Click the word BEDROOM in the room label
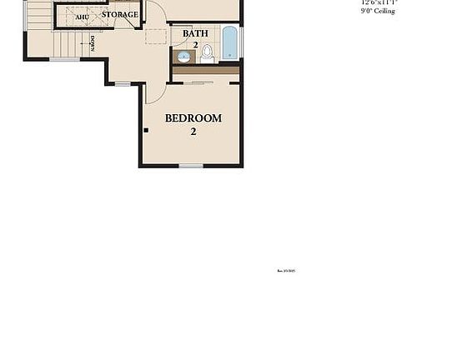coord(193,118)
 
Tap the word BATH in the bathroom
coord(195,34)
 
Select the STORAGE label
coord(120,15)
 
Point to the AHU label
coord(82,17)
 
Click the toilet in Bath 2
coord(207,53)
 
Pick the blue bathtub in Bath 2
coord(230,42)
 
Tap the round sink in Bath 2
coord(183,57)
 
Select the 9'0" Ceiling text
coord(378,11)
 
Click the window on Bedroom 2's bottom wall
coord(191,166)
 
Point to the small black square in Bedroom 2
coord(146,130)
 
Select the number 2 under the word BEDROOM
coord(193,131)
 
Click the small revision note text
coord(286,270)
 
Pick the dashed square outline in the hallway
coord(156,36)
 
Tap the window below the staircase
coord(64,59)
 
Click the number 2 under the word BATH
coord(195,45)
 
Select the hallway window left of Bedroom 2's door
coord(123,83)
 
